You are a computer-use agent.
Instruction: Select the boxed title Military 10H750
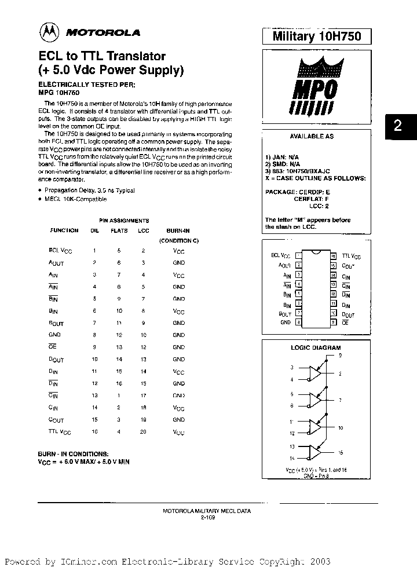316,36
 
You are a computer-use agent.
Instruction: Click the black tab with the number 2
397,126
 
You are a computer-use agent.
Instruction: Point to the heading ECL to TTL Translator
102,57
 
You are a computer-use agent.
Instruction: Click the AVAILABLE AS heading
311,137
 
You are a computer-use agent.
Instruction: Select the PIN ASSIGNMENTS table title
124,221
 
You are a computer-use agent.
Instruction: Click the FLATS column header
119,230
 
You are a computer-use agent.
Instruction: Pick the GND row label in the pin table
55,335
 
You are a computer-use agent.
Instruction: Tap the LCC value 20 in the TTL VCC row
143,432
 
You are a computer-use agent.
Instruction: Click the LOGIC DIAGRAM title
316,347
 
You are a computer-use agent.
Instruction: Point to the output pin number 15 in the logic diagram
341,453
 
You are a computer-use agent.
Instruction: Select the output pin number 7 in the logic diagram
341,400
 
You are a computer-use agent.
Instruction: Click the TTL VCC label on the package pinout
351,255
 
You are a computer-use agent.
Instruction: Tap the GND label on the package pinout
286,322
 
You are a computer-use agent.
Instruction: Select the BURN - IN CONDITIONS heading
72,455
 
